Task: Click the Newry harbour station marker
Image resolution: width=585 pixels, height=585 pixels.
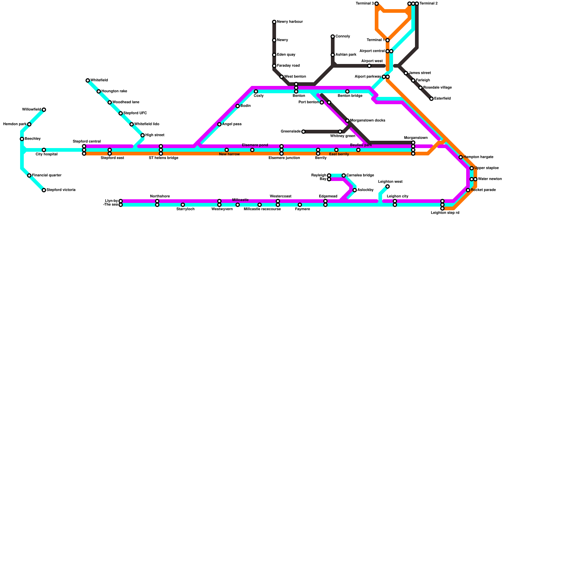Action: coord(274,22)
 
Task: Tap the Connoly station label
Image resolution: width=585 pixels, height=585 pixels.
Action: coord(343,37)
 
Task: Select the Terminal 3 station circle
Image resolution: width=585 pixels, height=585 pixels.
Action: coord(377,4)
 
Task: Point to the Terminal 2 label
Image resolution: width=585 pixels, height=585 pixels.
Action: coord(429,4)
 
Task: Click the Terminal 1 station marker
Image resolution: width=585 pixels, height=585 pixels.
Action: coord(388,40)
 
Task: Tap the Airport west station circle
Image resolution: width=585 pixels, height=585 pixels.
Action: coord(369,66)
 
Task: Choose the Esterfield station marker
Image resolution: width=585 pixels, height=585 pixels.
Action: coord(431,99)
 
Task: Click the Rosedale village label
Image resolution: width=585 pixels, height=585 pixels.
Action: coord(437,88)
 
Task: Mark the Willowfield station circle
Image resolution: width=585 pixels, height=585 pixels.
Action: coord(44,110)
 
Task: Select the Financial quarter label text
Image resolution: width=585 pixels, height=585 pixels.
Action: coord(46,175)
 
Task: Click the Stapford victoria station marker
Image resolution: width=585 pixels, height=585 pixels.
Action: coord(44,190)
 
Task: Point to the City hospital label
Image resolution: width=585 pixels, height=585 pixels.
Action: coord(46,154)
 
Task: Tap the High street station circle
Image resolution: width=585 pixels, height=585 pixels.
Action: coord(143,135)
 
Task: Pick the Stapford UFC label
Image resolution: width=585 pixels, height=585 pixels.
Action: coord(135,113)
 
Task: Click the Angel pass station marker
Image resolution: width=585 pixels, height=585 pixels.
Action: coord(219,124)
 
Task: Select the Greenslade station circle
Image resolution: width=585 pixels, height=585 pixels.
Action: coord(303,132)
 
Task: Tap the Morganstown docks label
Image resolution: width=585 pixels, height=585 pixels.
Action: coord(367,121)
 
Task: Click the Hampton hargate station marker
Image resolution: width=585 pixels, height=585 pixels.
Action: coord(461,157)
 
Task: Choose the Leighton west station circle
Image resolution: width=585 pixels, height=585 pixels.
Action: coord(388,186)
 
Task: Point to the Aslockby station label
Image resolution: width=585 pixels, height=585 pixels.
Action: coord(365,190)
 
